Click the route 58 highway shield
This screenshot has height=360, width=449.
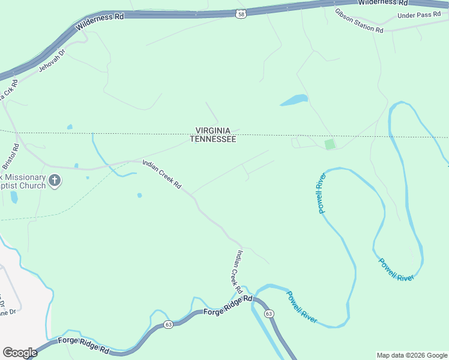[x=241, y=13]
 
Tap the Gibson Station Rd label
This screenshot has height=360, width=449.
[x=359, y=20]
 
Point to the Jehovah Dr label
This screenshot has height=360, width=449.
[x=51, y=60]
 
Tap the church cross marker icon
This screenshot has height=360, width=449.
[x=55, y=180]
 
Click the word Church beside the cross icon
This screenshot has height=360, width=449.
[x=34, y=185]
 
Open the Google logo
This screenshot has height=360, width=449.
[x=20, y=353]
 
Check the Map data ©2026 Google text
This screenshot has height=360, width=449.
[x=411, y=355]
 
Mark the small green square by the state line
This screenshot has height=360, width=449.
[x=329, y=144]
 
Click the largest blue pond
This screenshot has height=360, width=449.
[x=294, y=100]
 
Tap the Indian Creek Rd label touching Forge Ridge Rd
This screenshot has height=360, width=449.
[x=236, y=272]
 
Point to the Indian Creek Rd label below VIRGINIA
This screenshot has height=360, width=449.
[x=161, y=174]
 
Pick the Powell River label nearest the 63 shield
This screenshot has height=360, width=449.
[x=301, y=307]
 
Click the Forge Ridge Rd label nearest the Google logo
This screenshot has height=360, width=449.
[x=84, y=345]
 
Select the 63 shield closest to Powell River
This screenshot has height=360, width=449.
[x=268, y=313]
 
